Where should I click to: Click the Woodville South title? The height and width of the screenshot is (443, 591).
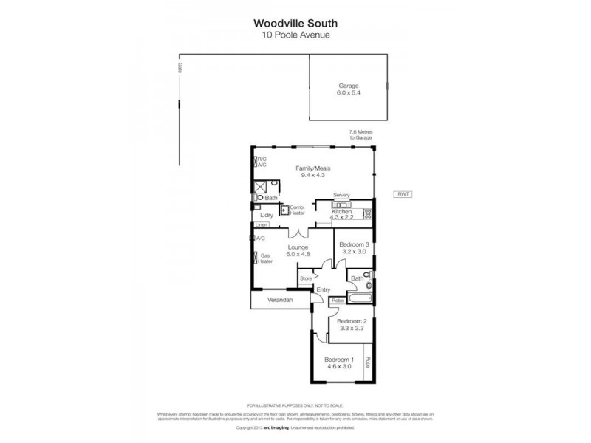295,22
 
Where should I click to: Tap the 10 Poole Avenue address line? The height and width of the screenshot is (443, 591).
295,34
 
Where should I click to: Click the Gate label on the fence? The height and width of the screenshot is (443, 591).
180,67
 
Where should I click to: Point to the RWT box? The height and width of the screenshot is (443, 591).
403,194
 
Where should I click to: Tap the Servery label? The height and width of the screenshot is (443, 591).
341,195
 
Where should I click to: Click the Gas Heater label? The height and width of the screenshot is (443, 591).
265,258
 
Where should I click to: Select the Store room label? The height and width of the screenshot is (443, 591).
306,278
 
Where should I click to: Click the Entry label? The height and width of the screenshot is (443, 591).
324,289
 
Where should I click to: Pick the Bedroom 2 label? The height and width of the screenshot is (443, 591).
351,325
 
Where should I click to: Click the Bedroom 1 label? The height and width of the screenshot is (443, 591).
340,363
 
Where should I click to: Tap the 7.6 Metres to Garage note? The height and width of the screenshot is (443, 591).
361,135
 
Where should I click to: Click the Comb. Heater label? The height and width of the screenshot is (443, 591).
297,210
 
